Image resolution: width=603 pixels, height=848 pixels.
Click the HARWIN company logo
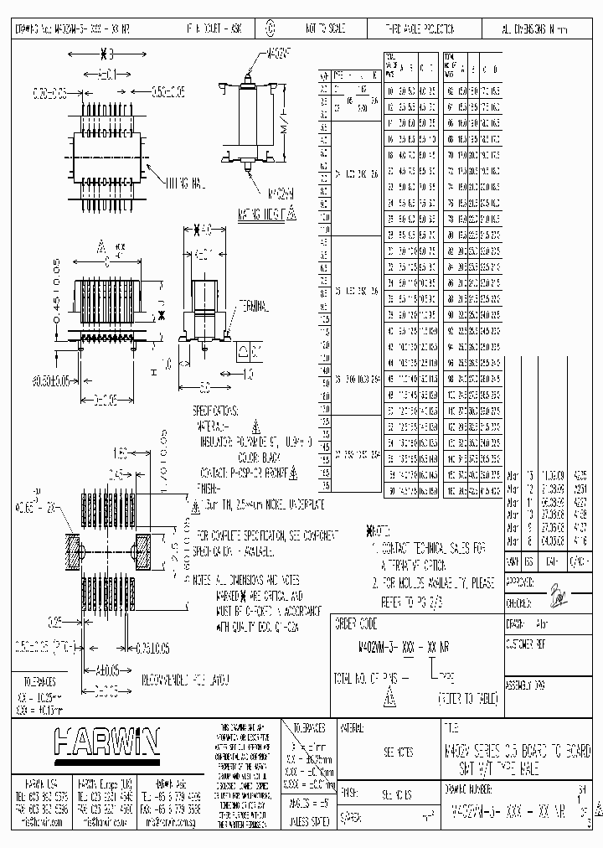tap(106, 741)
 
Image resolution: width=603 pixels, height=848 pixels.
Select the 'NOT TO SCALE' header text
tap(325, 28)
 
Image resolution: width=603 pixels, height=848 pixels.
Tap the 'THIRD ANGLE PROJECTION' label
tap(415, 28)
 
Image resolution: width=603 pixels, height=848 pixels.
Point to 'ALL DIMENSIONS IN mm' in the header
tap(534, 28)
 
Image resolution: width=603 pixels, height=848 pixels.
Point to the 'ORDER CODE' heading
tap(356, 624)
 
